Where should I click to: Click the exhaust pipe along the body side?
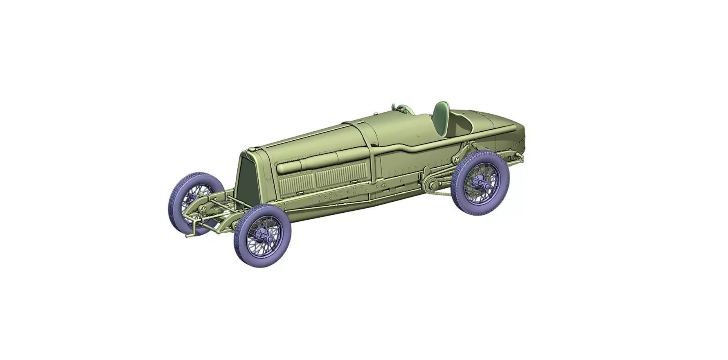(x=409, y=146)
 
